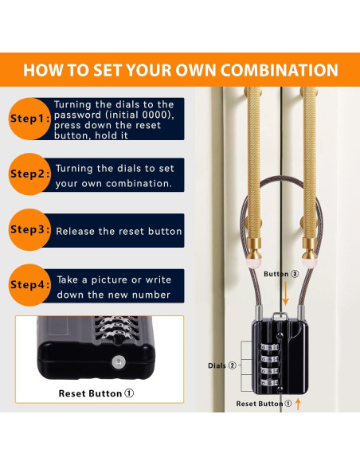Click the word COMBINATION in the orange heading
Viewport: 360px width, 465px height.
pos(279,70)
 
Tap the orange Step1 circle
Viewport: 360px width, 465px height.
pos(29,119)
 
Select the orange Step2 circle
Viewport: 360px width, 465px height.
pos(29,174)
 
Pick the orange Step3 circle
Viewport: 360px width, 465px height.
pos(29,229)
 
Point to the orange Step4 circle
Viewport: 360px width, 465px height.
pos(29,285)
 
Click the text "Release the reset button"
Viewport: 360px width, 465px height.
pos(119,232)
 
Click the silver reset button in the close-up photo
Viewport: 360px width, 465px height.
pos(119,362)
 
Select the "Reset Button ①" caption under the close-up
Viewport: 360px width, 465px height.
pos(96,393)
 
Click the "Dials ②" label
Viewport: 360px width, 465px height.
pos(222,365)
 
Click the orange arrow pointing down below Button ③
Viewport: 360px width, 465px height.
pos(285,293)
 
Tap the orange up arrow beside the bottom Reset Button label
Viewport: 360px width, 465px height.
pos(298,404)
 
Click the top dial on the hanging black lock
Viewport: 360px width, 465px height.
pos(269,347)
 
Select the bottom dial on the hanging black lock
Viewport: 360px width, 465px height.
pos(269,383)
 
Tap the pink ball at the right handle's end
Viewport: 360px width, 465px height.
pos(310,262)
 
